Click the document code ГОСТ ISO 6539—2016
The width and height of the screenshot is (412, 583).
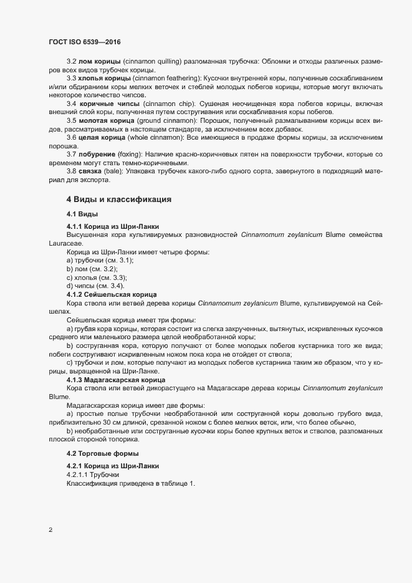click(x=85, y=42)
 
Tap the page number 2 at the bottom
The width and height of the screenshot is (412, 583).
click(x=50, y=531)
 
